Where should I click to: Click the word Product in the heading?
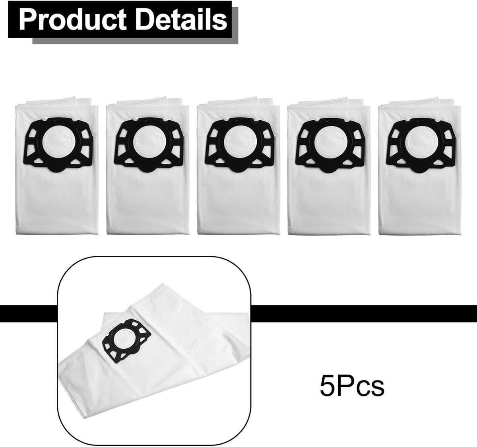pyautogui.click(x=72, y=19)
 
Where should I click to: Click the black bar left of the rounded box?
pyautogui.click(x=29, y=314)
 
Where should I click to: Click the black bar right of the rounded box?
pyautogui.click(x=364, y=314)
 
